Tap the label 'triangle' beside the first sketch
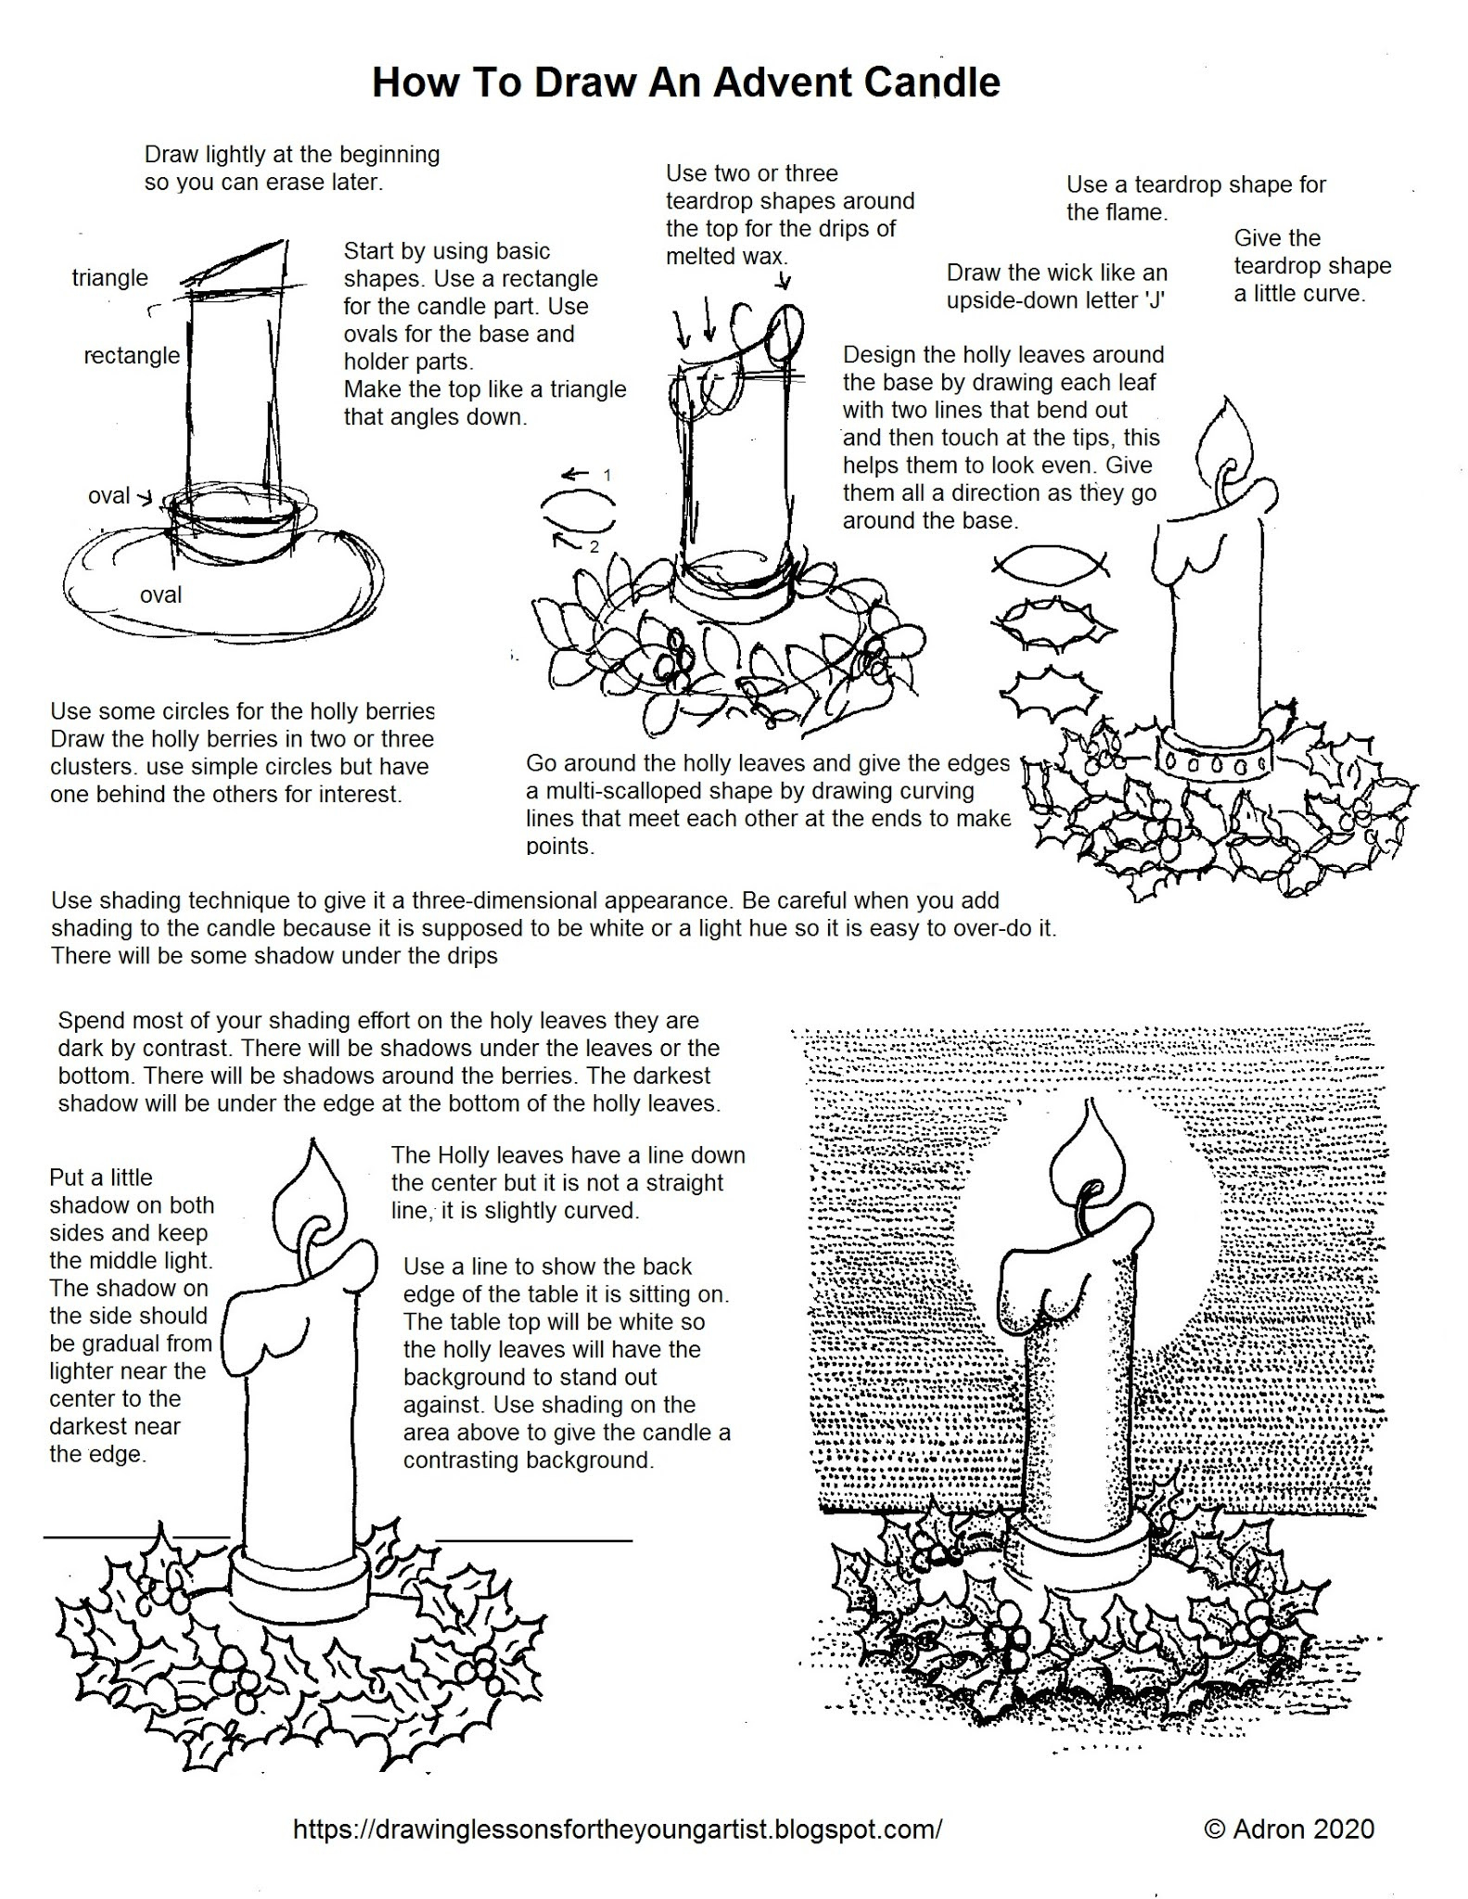(x=109, y=277)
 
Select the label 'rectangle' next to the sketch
(x=131, y=355)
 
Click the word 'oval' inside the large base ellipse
(x=160, y=594)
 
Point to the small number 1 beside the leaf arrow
(x=607, y=475)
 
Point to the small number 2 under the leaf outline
(x=594, y=547)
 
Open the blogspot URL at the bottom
(x=618, y=1829)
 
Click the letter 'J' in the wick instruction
(x=1155, y=300)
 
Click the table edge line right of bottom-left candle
(x=533, y=1540)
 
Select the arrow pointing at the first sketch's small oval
(x=145, y=497)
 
